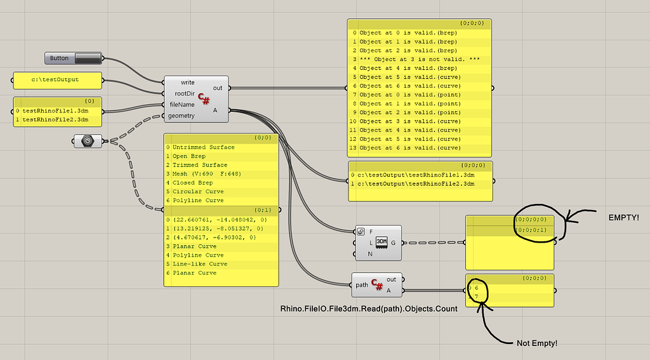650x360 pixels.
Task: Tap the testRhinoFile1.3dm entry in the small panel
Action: pos(55,110)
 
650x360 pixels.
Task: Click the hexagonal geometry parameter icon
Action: pos(88,140)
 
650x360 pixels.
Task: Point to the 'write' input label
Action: pos(187,83)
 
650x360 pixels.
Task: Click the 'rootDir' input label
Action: pos(184,93)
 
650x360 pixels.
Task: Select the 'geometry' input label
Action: pos(181,116)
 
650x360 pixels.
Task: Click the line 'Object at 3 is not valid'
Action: pos(419,59)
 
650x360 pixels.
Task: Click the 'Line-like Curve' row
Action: pos(199,263)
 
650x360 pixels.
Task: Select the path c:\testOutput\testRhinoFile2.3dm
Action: pos(415,183)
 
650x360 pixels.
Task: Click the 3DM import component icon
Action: pos(381,242)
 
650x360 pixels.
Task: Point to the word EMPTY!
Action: pos(623,217)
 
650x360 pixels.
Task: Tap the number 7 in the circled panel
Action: pos(477,296)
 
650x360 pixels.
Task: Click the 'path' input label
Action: pos(362,284)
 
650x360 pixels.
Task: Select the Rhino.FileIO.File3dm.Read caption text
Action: pos(369,308)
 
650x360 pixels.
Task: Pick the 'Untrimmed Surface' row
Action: pos(203,147)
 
